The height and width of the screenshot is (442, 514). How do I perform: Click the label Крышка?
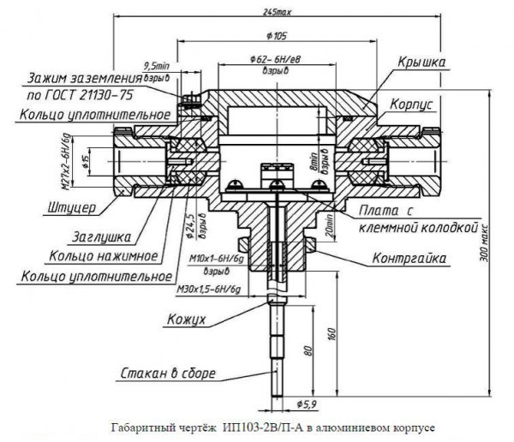pyautogui.click(x=422, y=63)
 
